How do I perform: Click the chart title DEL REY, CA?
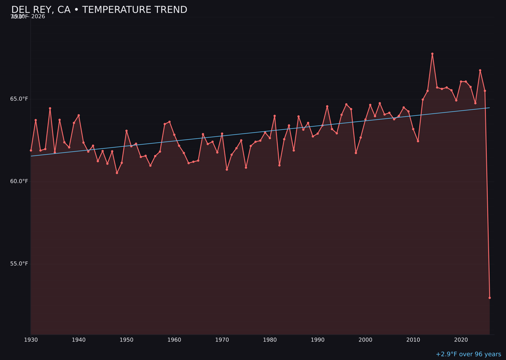99,10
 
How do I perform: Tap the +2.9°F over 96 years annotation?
468,354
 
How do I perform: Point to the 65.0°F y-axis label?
19,99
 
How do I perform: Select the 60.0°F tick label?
19,181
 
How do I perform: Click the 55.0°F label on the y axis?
19,263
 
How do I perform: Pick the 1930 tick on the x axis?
31,339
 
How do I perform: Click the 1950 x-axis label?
126,339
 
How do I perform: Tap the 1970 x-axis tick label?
222,339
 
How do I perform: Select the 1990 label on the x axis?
318,339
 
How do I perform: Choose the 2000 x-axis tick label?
365,339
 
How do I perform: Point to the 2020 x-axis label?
461,339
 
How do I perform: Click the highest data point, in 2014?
432,54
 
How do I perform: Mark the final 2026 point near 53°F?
490,298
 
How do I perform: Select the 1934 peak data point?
50,108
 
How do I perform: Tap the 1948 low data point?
117,173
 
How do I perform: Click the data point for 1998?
356,153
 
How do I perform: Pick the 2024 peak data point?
480,70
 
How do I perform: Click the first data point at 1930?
31,150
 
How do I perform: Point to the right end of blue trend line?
490,108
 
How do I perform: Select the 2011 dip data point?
418,141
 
